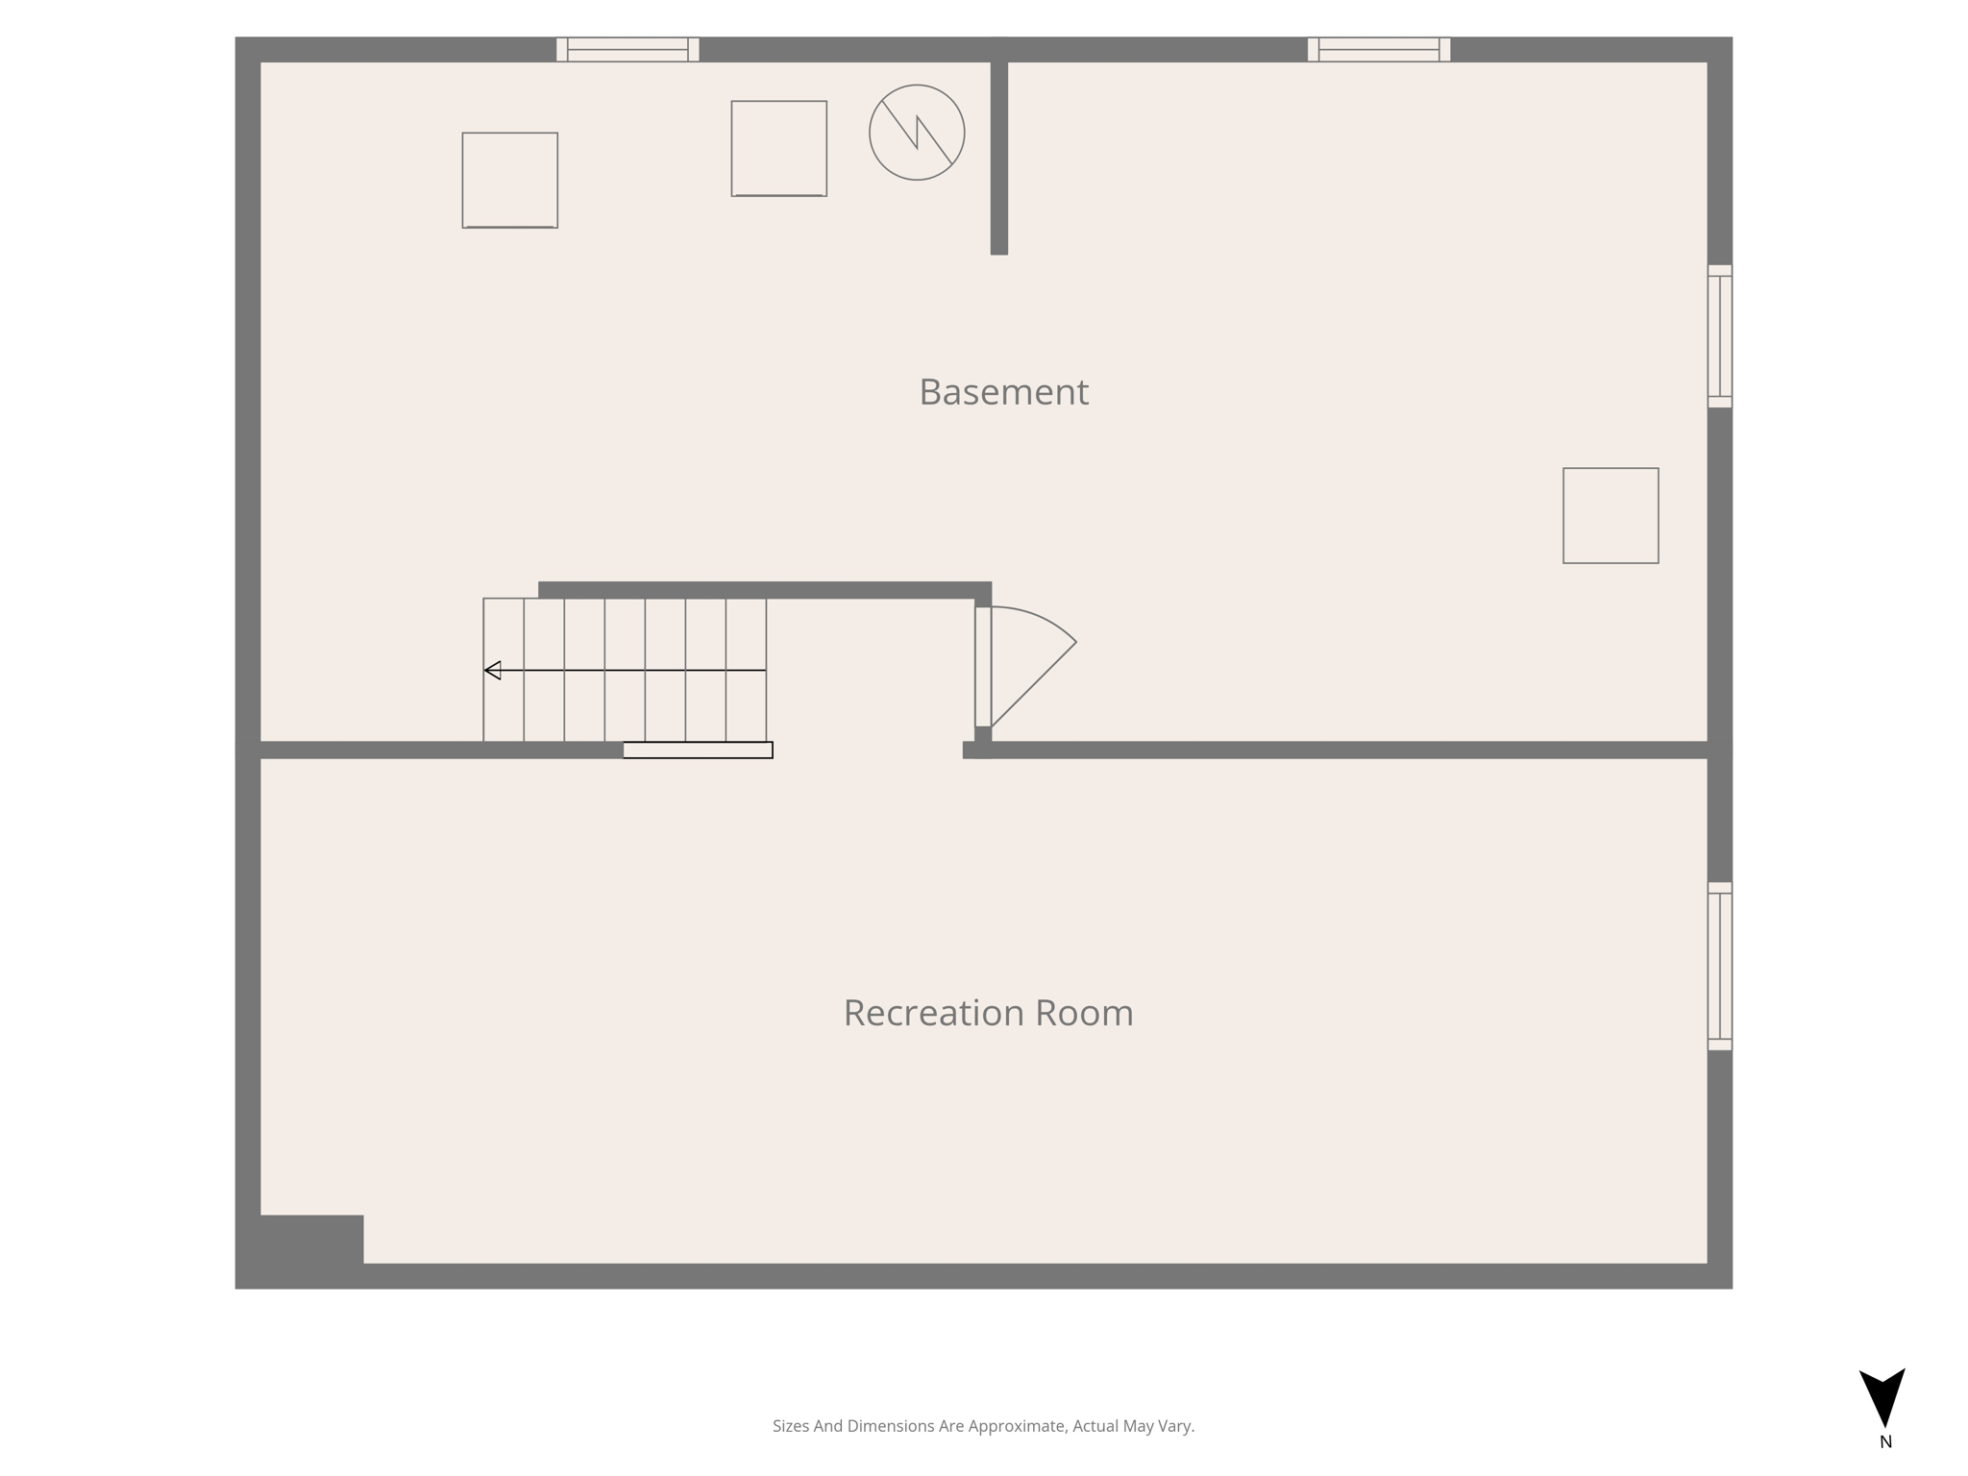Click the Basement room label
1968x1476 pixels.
pos(1003,392)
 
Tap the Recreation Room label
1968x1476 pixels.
pos(988,1013)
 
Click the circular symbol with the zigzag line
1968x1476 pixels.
pos(917,133)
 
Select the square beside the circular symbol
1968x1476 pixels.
pos(778,149)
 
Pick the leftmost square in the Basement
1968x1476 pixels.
pos(509,181)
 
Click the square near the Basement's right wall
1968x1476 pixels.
pos(1611,516)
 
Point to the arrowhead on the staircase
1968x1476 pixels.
pos(493,671)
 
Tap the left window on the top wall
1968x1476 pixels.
pos(627,50)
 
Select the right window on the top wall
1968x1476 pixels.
pos(1378,50)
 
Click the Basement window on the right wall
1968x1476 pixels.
pos(1719,336)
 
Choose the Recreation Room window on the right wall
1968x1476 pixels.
pos(1719,966)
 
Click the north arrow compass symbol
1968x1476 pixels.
pos(1882,1395)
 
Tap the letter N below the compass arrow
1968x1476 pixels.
pos(1885,1442)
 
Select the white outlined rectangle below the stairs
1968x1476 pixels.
pos(698,750)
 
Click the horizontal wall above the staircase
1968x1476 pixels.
pos(764,590)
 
